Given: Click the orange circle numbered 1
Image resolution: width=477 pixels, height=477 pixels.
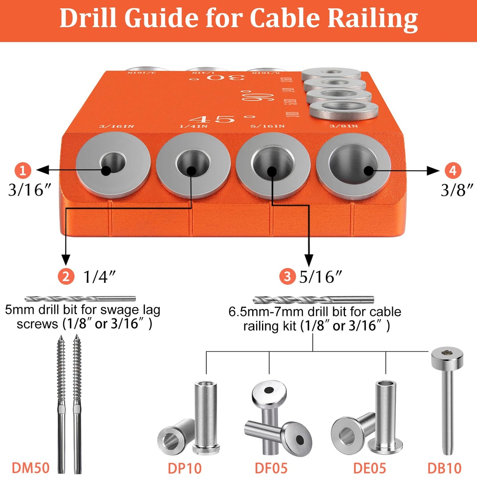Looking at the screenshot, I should tap(23, 170).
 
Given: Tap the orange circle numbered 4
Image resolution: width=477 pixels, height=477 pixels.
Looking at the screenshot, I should tap(453, 170).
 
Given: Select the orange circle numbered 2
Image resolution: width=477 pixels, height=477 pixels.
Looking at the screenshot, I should tap(66, 276).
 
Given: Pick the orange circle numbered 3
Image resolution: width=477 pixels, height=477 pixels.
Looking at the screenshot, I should tap(287, 276).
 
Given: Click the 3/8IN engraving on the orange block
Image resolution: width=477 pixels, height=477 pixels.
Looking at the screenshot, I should tap(343, 126).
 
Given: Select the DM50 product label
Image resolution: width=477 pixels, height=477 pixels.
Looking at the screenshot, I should tap(31, 468).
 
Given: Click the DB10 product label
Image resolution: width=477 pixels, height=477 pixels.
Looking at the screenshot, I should tap(444, 468).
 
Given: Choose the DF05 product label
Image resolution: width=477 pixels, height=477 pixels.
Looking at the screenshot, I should tap(271, 468).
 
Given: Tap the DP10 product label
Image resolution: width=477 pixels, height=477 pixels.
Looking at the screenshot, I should tap(185, 468).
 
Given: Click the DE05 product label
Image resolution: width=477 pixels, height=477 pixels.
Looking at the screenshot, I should tap(369, 468).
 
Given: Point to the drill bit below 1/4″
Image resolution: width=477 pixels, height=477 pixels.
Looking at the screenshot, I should tap(80, 299).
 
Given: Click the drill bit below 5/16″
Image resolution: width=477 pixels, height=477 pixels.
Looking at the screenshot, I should tap(313, 300).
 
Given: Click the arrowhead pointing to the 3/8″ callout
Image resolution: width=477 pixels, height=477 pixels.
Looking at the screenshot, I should tap(433, 171).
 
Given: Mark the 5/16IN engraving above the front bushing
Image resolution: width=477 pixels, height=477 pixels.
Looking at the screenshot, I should tap(268, 126).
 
